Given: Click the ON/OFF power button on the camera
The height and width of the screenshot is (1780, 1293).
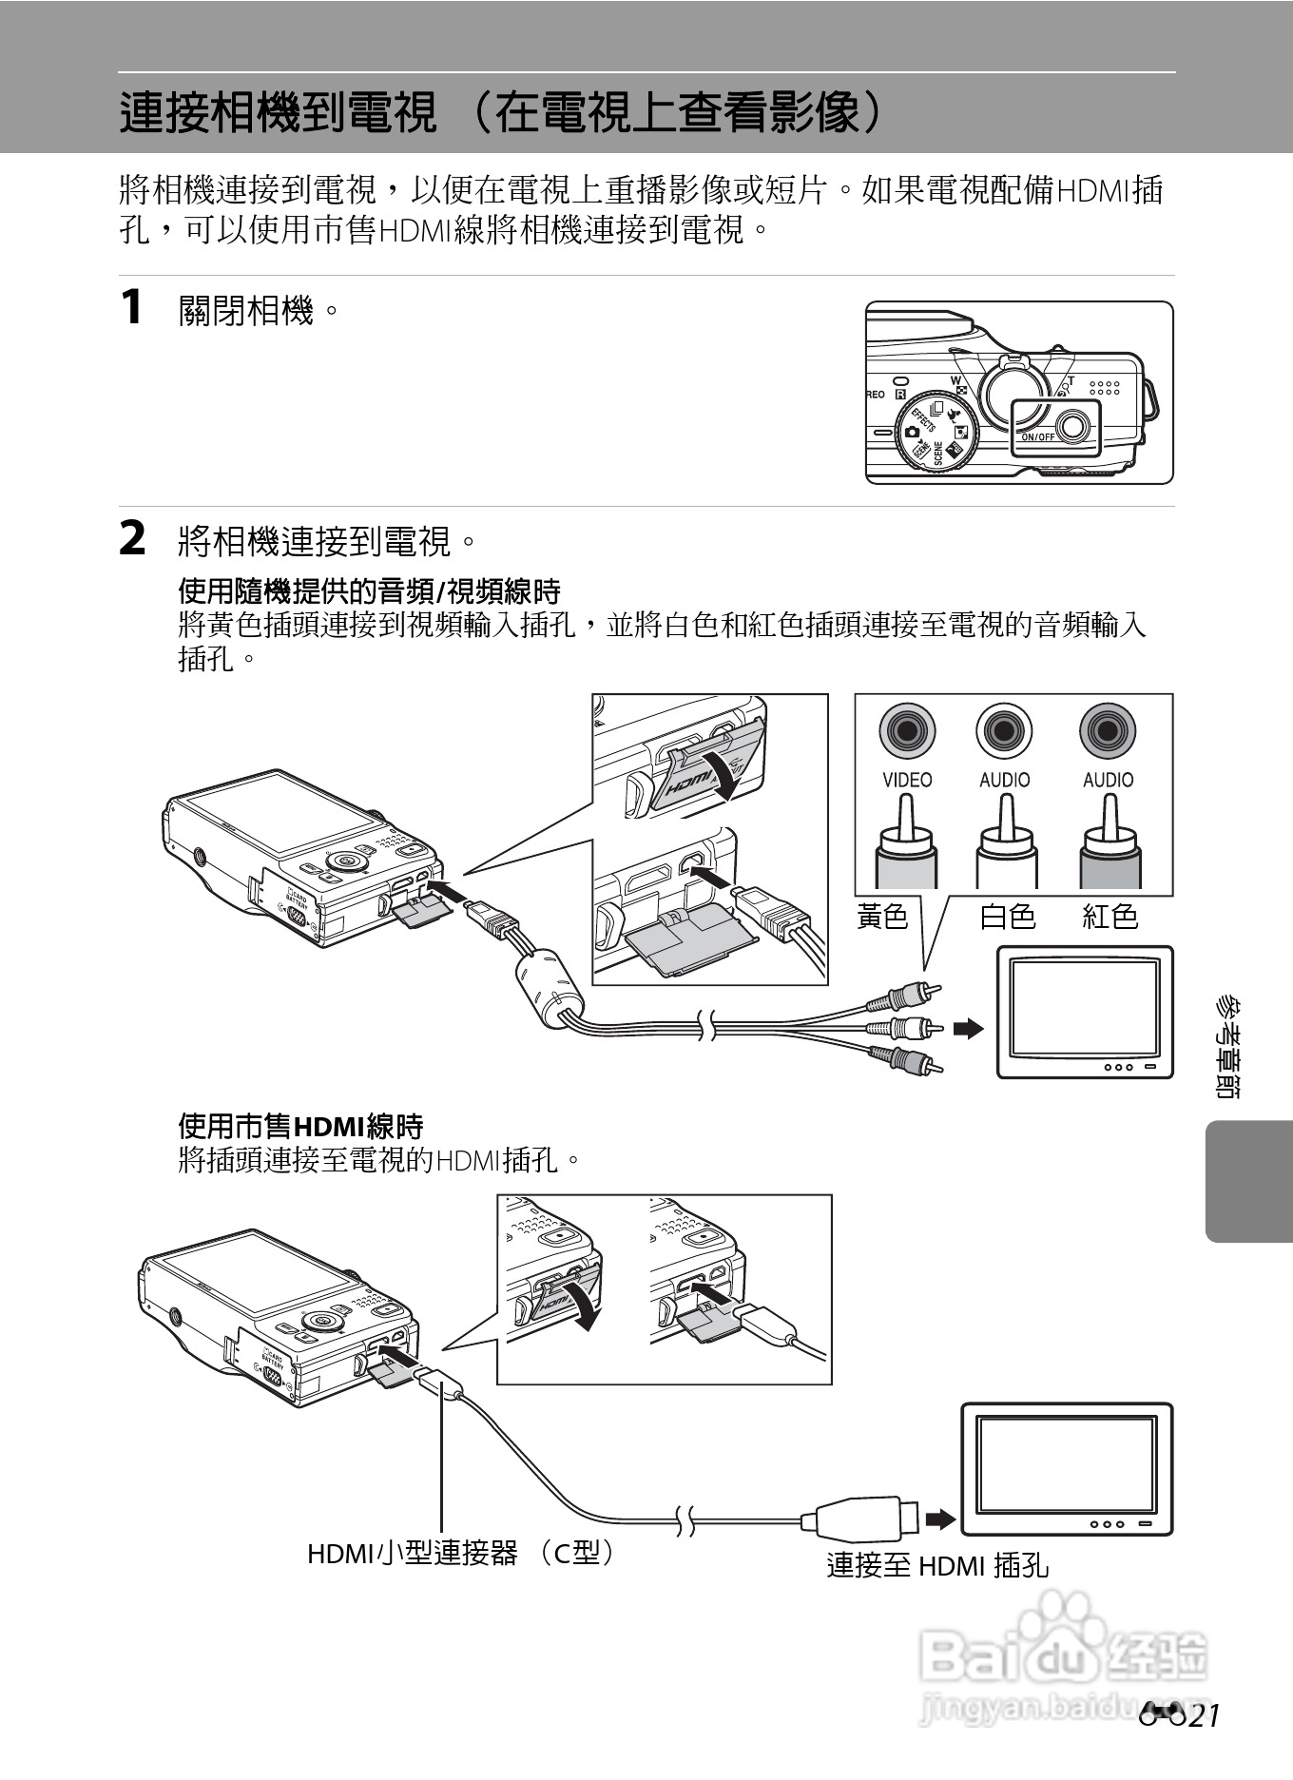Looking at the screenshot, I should point(1072,426).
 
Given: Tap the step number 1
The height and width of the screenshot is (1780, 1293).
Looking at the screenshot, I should point(132,307).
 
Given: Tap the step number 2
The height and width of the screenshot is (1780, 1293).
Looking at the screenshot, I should point(133,539).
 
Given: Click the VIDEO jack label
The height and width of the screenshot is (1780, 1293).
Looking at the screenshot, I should point(907,780).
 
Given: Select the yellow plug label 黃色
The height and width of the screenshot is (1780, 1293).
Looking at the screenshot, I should point(882,917).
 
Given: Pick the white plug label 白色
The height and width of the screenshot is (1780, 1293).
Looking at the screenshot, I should point(1007,917).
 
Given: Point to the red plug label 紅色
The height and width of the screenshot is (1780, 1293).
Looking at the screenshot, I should point(1110,917).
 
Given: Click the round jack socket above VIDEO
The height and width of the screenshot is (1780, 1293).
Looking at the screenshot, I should point(907,731).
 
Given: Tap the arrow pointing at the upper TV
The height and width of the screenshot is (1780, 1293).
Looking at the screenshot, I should point(968,1028).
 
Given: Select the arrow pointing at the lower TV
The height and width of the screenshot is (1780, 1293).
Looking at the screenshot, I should point(940,1519).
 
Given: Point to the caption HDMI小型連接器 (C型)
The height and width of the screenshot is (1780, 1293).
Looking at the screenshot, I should point(462,1553).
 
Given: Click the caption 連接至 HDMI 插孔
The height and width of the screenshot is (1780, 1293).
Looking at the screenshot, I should point(936,1565).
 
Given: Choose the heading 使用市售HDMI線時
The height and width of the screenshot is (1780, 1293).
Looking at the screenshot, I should point(300,1127).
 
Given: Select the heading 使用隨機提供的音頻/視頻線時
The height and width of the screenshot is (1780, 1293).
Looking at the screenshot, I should point(369,591).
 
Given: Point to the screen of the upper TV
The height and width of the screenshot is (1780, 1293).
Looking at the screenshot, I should point(1084,1009).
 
